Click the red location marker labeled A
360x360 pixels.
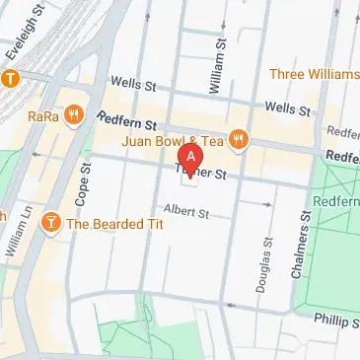click(189, 158)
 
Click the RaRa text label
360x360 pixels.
click(42, 115)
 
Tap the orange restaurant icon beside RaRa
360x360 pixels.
click(76, 114)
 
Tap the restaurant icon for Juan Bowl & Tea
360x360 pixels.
click(238, 140)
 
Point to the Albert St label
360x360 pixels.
click(187, 211)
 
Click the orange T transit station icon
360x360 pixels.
click(11, 78)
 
